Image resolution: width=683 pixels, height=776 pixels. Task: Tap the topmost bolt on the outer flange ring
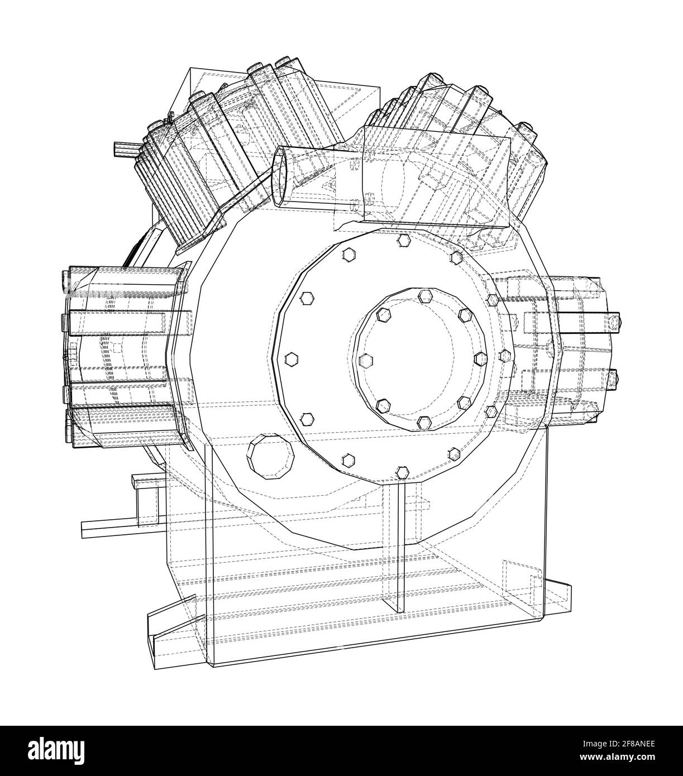[x=404, y=241]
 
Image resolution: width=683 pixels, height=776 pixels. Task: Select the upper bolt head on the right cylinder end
[x=613, y=323]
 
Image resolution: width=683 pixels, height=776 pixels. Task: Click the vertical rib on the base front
[x=399, y=547]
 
